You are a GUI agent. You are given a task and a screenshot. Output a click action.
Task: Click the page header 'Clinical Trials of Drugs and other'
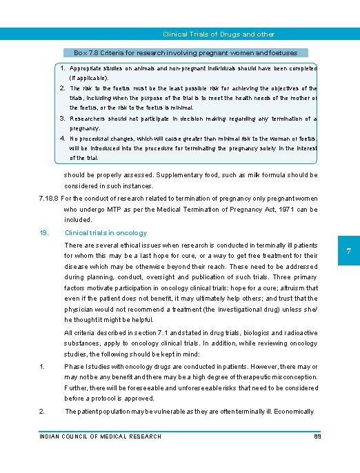[218, 34]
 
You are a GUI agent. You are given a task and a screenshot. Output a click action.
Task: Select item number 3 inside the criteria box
[62, 119]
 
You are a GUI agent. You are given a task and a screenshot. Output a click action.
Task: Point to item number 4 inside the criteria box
[62, 139]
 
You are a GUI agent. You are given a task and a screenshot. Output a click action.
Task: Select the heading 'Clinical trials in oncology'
[105, 233]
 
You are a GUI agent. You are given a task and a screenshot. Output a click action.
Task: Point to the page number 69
[318, 436]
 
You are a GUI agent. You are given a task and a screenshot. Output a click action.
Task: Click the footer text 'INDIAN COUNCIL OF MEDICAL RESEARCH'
[101, 436]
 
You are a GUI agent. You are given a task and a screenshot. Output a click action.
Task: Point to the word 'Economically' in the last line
[292, 412]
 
